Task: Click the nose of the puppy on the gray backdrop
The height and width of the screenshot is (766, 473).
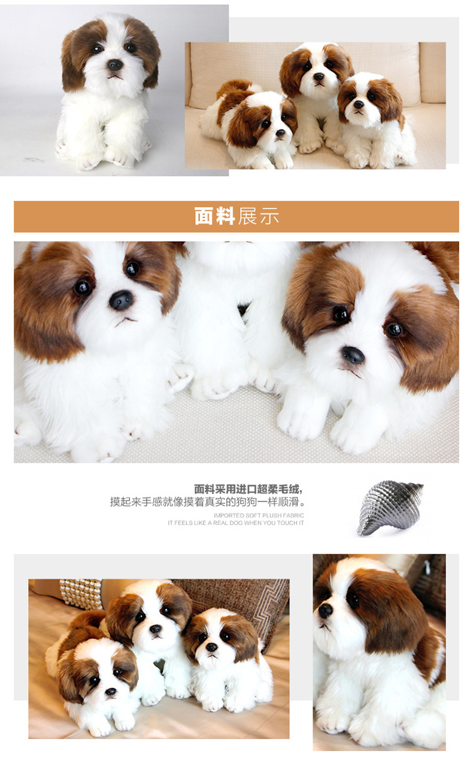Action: coord(114,65)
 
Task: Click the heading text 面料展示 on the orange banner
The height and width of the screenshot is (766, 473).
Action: coord(236,216)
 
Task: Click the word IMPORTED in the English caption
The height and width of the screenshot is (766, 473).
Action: coord(228,515)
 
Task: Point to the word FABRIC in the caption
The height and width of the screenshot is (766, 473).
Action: coord(293,515)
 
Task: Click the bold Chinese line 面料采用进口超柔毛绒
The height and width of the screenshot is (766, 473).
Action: coord(248,489)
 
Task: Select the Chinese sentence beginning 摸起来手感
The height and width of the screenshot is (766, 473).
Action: coord(207,502)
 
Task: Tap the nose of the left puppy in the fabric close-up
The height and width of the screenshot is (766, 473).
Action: coord(121,300)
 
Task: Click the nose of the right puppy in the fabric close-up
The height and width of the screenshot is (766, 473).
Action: coord(353,355)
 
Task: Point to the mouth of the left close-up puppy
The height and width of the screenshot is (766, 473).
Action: coord(125,321)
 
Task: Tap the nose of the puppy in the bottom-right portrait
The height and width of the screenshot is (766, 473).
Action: coord(325,610)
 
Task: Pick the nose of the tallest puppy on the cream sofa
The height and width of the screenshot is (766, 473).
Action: coord(318,77)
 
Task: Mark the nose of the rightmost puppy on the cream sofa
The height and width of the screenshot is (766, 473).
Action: coord(358,104)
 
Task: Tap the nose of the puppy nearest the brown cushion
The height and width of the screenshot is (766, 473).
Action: coord(211,647)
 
